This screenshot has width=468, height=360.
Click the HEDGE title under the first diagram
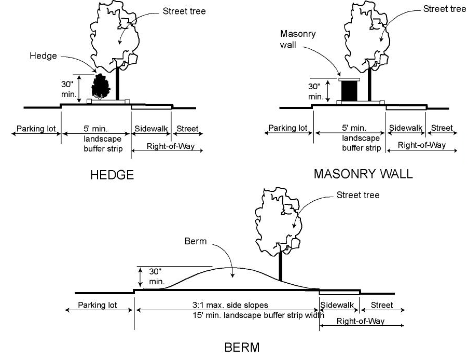click(x=112, y=175)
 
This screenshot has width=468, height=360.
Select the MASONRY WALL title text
click(x=363, y=174)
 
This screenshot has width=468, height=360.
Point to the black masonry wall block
click(x=349, y=91)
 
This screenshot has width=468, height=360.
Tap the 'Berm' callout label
click(x=195, y=241)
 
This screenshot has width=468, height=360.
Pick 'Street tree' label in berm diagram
click(x=358, y=195)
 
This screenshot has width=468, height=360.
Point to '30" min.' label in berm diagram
click(x=156, y=276)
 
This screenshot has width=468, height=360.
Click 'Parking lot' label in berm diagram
click(x=98, y=305)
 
